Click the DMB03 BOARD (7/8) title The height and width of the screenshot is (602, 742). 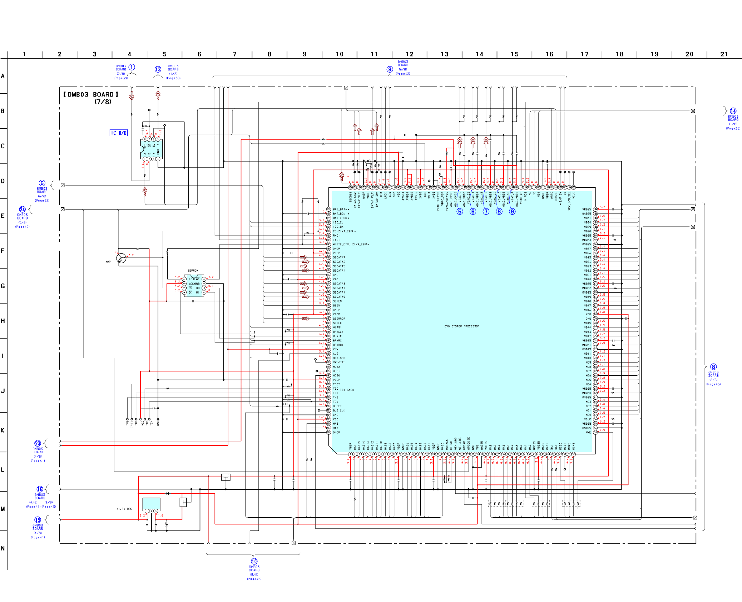pyautogui.click(x=91, y=98)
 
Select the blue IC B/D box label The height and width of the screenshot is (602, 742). pyautogui.click(x=118, y=133)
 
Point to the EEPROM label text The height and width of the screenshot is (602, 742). pyautogui.click(x=193, y=271)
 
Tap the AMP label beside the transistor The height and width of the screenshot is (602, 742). pyautogui.click(x=108, y=262)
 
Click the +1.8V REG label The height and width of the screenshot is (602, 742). pyautogui.click(x=124, y=509)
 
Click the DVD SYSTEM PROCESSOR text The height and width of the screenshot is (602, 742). pyautogui.click(x=462, y=326)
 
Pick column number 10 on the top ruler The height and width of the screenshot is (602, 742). pyautogui.click(x=339, y=54)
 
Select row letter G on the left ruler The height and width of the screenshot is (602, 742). pyautogui.click(x=3, y=286)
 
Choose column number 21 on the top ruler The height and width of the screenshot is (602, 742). pyautogui.click(x=724, y=54)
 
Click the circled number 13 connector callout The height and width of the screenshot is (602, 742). pyautogui.click(x=158, y=69)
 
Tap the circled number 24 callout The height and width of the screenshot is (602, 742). pyautogui.click(x=22, y=209)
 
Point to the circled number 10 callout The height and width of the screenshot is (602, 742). pyautogui.click(x=254, y=562)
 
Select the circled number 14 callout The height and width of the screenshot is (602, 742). pyautogui.click(x=733, y=111)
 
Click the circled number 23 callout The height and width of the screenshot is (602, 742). pyautogui.click(x=38, y=444)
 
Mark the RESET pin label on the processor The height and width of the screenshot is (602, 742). pyautogui.click(x=337, y=406)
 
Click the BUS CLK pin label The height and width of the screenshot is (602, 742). pyautogui.click(x=339, y=411)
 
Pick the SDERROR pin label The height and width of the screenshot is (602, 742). pyautogui.click(x=339, y=319)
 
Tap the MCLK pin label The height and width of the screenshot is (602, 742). pyautogui.click(x=587, y=419)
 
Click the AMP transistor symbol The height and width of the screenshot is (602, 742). pyautogui.click(x=121, y=258)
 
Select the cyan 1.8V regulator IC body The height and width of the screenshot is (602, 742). pyautogui.click(x=151, y=503)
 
